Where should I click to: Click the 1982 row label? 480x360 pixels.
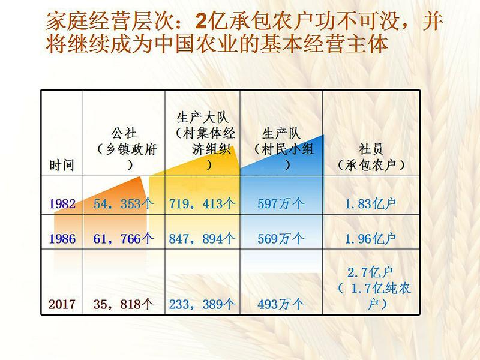coord(62,204)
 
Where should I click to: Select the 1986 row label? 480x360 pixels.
coord(62,239)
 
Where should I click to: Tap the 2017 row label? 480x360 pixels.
coord(62,304)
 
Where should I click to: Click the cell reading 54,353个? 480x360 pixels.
coord(124,204)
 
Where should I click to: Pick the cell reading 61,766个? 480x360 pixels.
coord(124,239)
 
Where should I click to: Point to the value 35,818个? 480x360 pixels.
coord(124,304)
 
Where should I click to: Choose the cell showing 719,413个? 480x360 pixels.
coord(202,204)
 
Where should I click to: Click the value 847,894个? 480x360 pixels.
coord(202,239)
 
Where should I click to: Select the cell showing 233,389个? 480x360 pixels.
coord(202,304)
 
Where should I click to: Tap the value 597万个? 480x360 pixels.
coord(281,204)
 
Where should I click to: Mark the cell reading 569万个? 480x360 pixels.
coord(281,239)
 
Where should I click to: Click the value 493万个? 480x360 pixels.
coord(281,304)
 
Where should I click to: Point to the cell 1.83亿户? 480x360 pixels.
coord(370,204)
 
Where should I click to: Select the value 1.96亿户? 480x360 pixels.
coord(370,239)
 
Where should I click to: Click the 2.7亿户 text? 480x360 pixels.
coord(370,272)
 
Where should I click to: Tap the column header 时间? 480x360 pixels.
coord(62,166)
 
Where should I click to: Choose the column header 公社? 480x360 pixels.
coord(124,133)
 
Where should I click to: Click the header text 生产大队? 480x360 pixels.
coord(202,118)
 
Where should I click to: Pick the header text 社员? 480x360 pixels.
coord(371,149)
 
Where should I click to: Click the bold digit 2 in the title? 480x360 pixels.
coord(202,22)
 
